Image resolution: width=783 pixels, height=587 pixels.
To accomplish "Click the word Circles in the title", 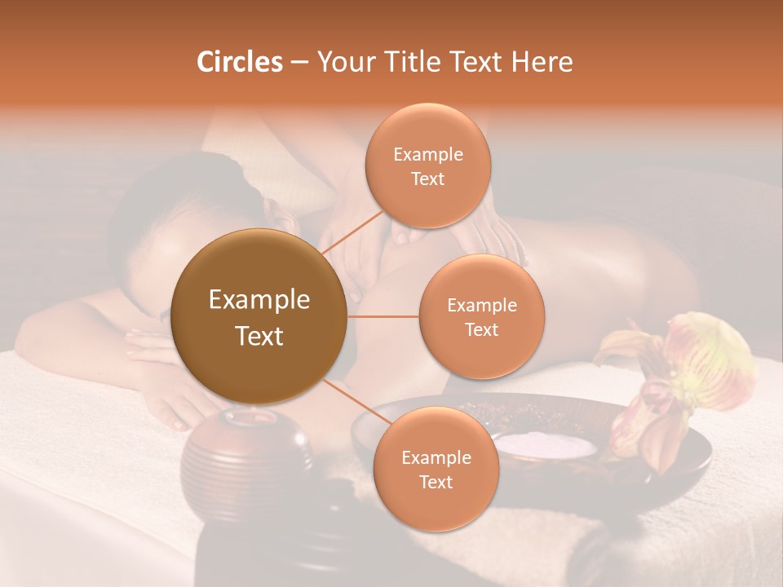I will [239, 62].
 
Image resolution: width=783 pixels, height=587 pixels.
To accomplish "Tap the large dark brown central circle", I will [259, 316].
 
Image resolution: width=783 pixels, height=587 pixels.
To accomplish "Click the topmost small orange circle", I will [428, 166].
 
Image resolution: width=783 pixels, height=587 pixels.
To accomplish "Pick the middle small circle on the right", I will [482, 316].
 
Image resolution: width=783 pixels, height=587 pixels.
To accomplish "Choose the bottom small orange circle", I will [436, 469].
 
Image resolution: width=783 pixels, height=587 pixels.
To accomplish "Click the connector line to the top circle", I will [352, 232].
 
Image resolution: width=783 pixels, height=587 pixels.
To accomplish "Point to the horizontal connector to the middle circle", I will [383, 316].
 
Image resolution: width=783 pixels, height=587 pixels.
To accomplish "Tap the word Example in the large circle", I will [259, 300].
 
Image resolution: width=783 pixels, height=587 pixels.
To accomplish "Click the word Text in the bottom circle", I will [436, 482].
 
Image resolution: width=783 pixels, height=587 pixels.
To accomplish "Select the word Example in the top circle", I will [428, 154].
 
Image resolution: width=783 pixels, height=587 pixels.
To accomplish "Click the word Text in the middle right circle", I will [482, 329].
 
